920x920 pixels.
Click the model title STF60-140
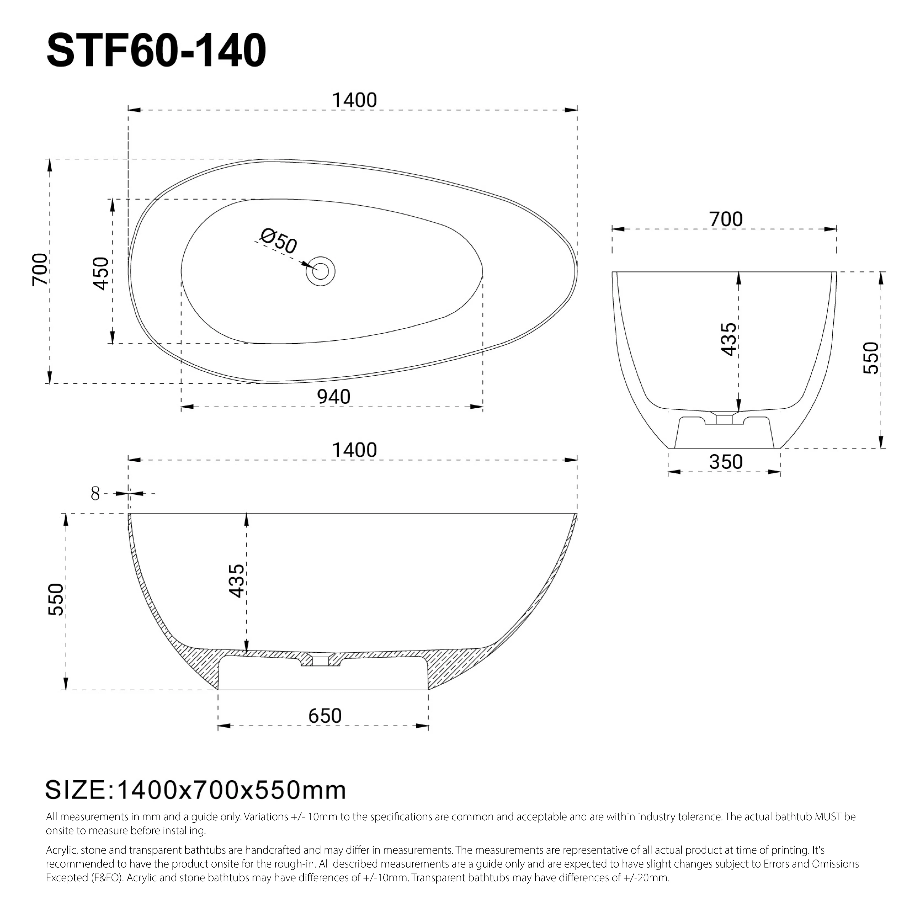click(x=156, y=51)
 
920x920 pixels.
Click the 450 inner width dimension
click(x=101, y=273)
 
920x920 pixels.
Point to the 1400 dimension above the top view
click(x=354, y=100)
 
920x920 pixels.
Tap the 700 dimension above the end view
click(x=726, y=219)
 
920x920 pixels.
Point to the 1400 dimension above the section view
click(x=354, y=450)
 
